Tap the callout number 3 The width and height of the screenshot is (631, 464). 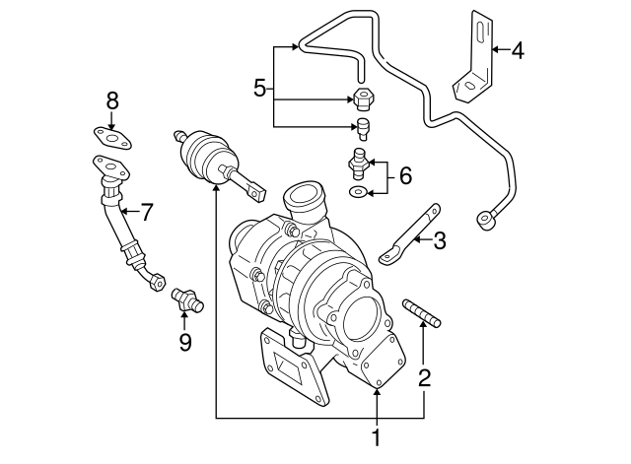pos(440,238)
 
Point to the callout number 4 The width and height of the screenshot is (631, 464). pos(518,48)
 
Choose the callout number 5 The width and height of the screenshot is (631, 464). pos(259,89)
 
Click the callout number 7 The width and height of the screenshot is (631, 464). pos(146,210)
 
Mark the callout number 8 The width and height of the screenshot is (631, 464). pos(112,99)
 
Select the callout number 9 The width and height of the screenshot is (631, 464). pos(184,342)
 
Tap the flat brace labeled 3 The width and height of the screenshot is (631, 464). pos(406,234)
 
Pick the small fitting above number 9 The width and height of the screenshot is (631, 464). pos(183,298)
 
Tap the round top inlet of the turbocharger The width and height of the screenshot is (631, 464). pos(304,197)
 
